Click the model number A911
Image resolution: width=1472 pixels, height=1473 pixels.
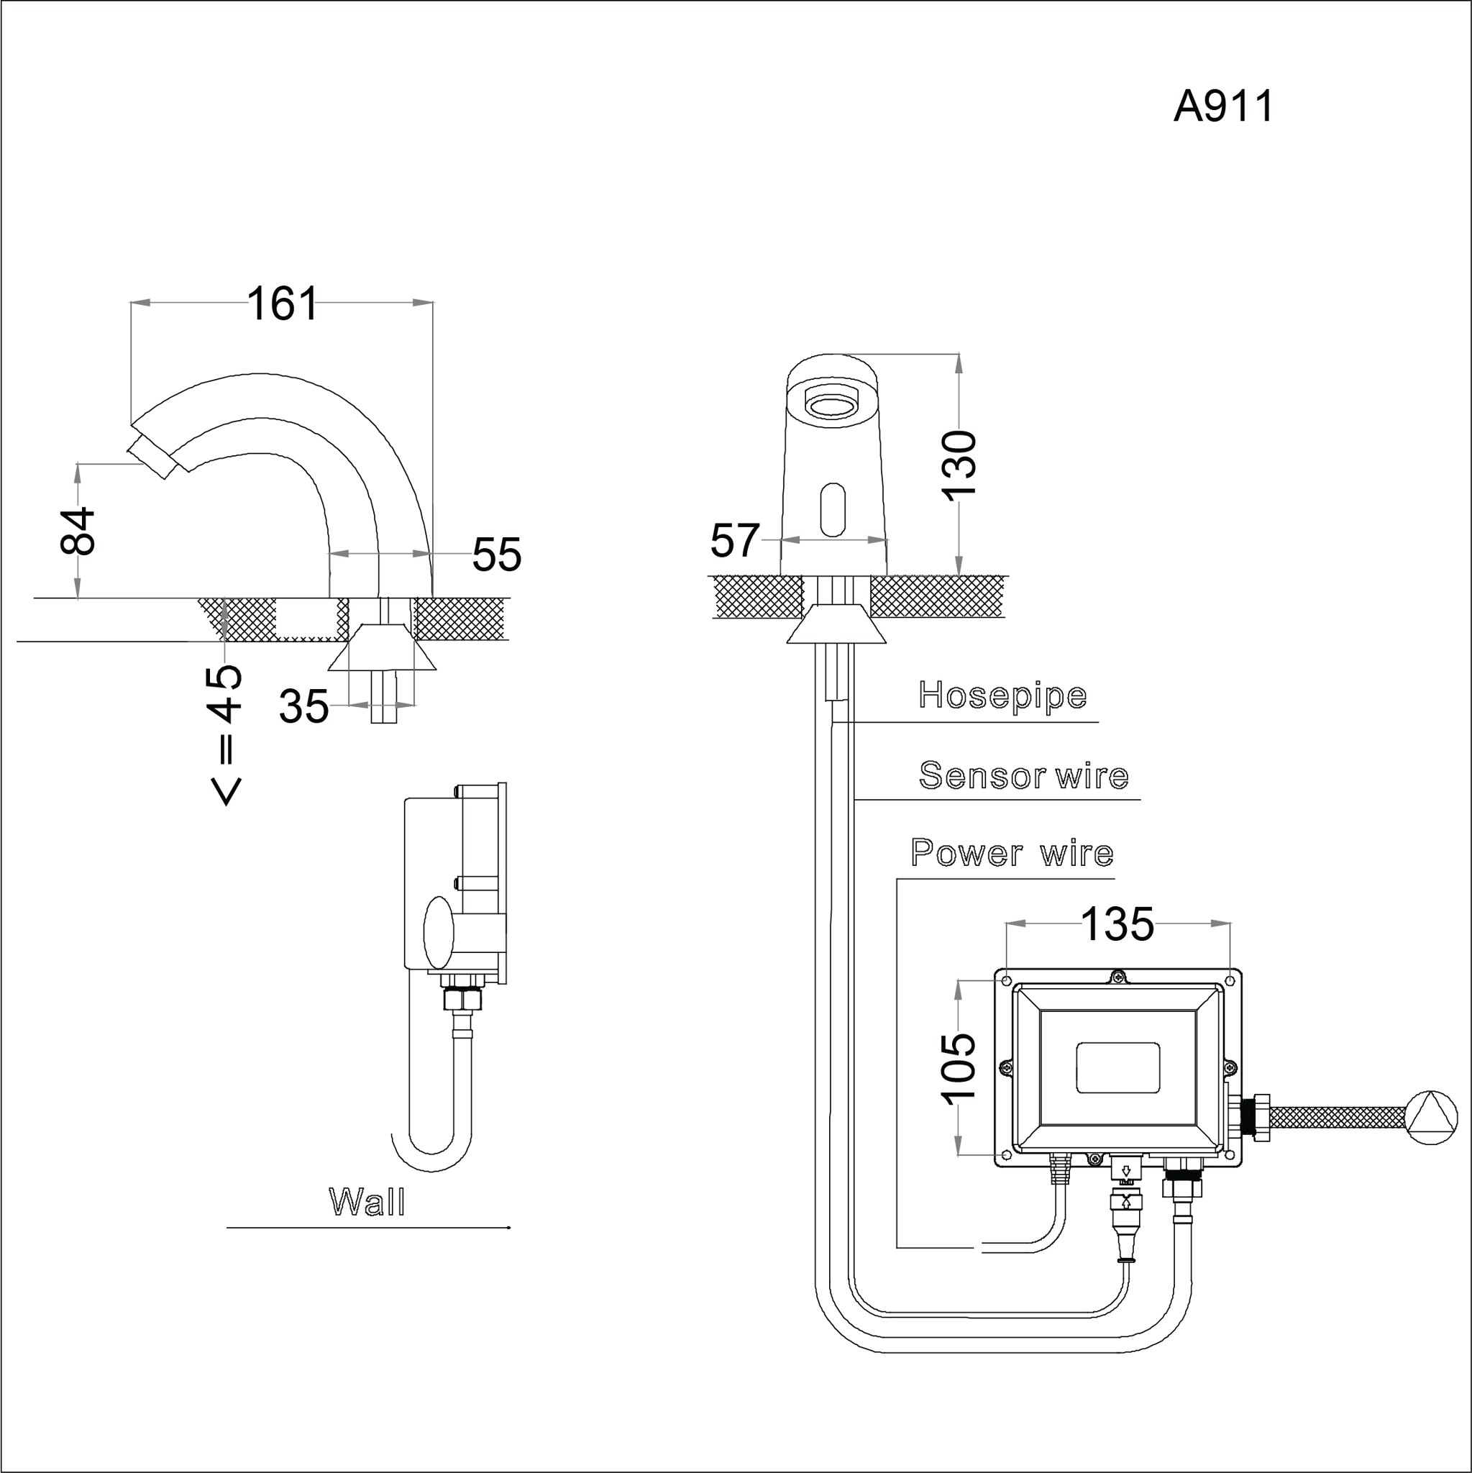coord(1222,106)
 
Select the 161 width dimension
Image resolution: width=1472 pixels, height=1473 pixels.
coord(281,304)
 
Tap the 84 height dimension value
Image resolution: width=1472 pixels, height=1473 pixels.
coord(78,530)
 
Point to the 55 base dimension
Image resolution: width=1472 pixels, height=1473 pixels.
coord(496,555)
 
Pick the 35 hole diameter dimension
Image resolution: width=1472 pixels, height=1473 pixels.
coord(303,706)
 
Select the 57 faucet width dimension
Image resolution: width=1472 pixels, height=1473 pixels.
coord(734,541)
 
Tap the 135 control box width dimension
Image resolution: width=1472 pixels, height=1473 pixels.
coord(1117,924)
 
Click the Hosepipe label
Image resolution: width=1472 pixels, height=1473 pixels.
coord(1002,695)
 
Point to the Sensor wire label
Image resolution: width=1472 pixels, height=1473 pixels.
coord(1023,775)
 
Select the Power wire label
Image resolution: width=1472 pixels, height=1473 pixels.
coord(1012,852)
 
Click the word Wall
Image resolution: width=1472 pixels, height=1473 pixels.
coord(367,1203)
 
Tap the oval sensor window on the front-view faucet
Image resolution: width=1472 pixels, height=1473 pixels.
coord(833,509)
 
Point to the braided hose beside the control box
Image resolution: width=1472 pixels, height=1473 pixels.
coord(1338,1118)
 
